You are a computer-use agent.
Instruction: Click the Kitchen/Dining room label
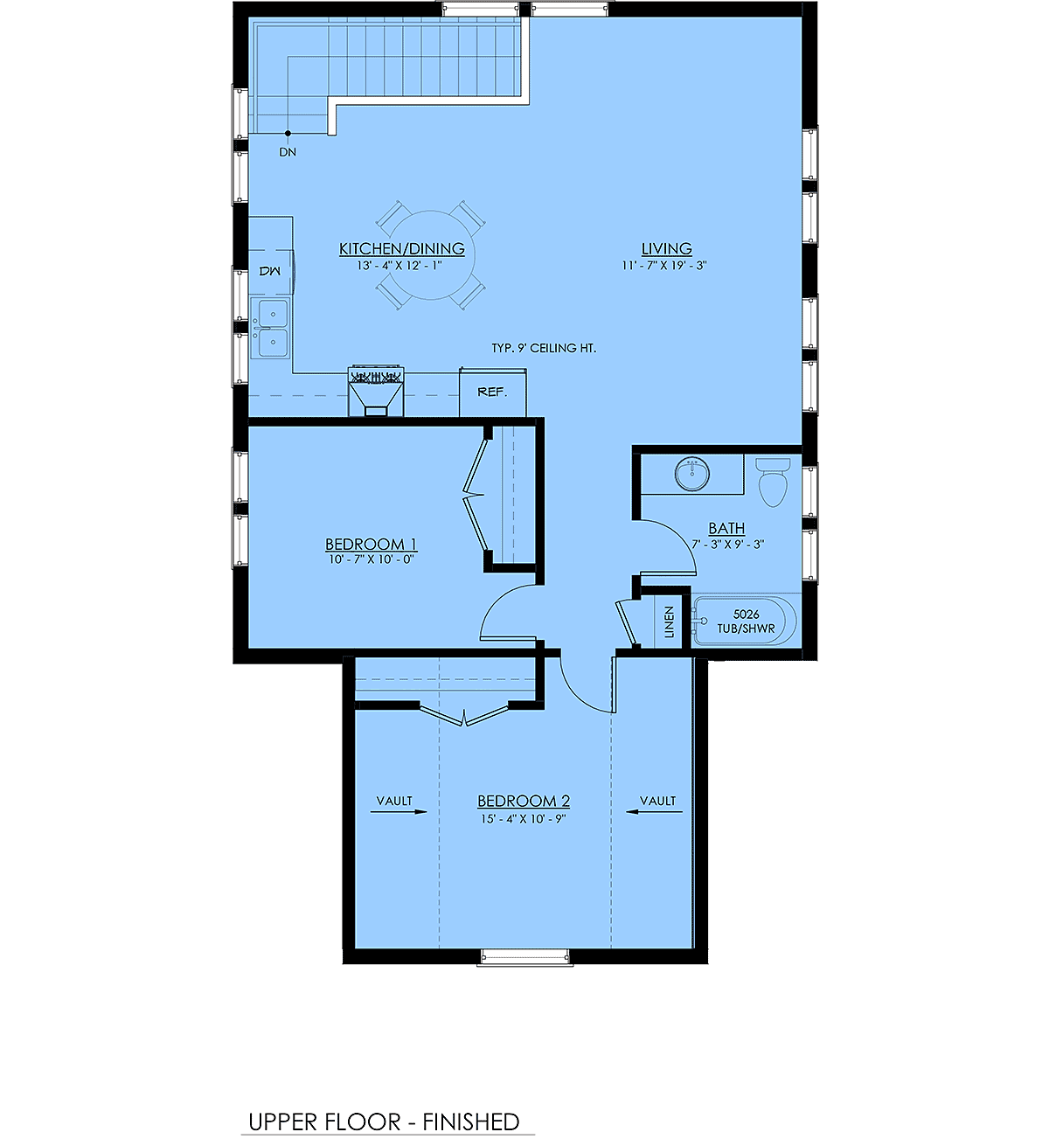pyautogui.click(x=401, y=249)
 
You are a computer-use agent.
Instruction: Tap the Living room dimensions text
pyautogui.click(x=664, y=265)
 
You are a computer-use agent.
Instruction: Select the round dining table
pyautogui.click(x=430, y=255)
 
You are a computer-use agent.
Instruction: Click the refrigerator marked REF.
pyautogui.click(x=492, y=392)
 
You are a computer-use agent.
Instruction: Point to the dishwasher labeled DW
pyautogui.click(x=271, y=271)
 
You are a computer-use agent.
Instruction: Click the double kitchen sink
pyautogui.click(x=271, y=328)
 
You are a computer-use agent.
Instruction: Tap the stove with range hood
pyautogui.click(x=375, y=391)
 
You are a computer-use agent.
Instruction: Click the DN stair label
pyautogui.click(x=288, y=152)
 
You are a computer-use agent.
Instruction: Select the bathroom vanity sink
pyautogui.click(x=691, y=474)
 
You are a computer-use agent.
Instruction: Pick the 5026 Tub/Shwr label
pyautogui.click(x=746, y=622)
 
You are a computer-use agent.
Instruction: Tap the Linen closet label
pyautogui.click(x=669, y=622)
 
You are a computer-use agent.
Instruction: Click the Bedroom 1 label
pyautogui.click(x=371, y=544)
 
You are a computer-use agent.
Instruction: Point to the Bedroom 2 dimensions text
pyautogui.click(x=523, y=819)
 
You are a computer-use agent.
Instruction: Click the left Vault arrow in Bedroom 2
pyautogui.click(x=399, y=812)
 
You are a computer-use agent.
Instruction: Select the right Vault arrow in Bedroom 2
pyautogui.click(x=654, y=812)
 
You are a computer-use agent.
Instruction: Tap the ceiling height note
pyautogui.click(x=544, y=348)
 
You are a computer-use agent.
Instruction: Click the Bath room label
pyautogui.click(x=726, y=529)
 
